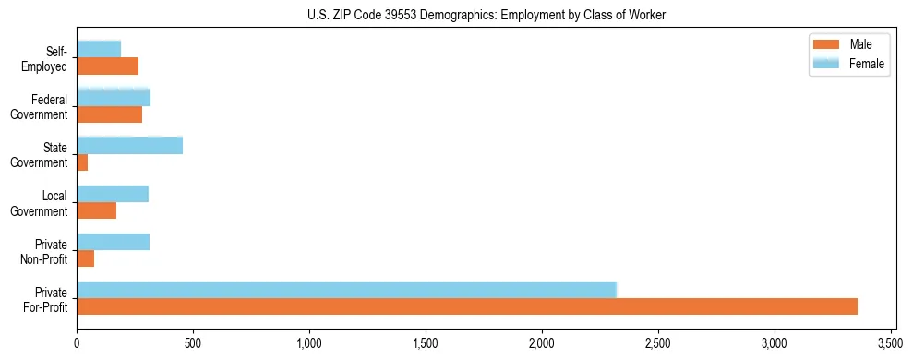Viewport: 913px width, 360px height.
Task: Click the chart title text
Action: (487, 15)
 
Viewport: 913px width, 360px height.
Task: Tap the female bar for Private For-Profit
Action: (346, 290)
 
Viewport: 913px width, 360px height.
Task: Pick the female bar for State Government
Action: (129, 145)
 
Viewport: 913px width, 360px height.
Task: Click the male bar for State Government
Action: (82, 162)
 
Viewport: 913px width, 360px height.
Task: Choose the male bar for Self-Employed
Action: (107, 66)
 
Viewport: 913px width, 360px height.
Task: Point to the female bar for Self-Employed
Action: (99, 49)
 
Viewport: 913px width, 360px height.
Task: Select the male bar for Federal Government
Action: (109, 114)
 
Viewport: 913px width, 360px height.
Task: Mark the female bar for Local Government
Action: (113, 194)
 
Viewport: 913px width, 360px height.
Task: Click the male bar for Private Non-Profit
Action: (86, 258)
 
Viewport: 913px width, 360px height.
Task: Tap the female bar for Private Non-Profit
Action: (113, 242)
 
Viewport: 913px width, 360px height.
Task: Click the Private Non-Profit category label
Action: (45, 252)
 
